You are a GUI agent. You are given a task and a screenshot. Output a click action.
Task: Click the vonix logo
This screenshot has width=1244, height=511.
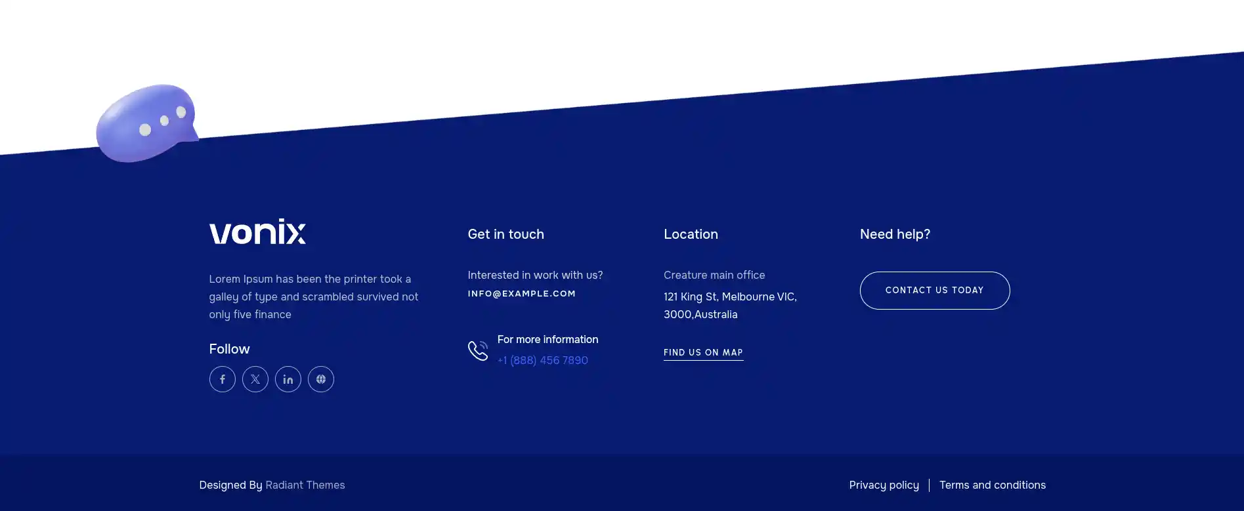click(257, 232)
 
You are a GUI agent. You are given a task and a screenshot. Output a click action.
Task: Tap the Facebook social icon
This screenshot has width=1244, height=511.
click(223, 379)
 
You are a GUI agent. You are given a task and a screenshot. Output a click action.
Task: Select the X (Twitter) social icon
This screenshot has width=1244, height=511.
click(255, 379)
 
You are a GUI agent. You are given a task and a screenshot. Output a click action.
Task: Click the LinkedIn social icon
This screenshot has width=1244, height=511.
click(288, 379)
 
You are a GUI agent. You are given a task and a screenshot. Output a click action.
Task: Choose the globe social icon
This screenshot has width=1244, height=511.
click(321, 379)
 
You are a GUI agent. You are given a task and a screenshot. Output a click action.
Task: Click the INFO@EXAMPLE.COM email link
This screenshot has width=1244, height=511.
click(522, 294)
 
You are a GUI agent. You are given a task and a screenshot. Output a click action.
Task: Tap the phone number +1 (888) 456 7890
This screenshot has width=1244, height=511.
click(543, 360)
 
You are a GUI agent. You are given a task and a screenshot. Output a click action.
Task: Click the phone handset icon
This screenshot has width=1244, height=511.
click(478, 350)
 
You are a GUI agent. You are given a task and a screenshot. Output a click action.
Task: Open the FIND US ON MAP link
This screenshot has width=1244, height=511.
click(703, 353)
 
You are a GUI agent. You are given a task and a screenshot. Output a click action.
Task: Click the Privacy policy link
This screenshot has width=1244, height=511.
click(884, 485)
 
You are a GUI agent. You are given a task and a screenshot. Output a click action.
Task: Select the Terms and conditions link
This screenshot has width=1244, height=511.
click(993, 485)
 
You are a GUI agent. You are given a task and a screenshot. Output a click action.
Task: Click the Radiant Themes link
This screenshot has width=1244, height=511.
click(305, 485)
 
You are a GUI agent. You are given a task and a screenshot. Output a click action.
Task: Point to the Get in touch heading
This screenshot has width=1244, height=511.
click(505, 234)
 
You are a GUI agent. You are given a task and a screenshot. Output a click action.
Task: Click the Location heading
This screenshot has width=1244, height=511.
click(691, 234)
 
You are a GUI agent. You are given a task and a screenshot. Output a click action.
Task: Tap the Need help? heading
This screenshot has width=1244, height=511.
click(895, 234)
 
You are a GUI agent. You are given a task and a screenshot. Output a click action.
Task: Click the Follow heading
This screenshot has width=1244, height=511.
click(229, 349)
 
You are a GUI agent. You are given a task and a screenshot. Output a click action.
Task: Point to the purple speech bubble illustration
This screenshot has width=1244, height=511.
click(146, 123)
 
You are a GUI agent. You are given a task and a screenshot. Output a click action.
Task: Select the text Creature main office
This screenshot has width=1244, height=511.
click(714, 276)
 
